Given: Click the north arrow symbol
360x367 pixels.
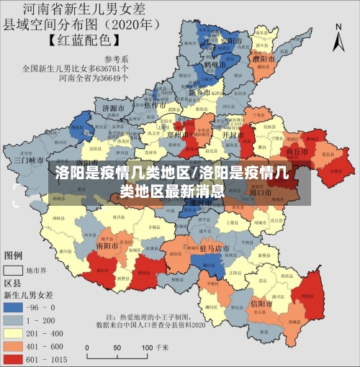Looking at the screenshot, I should (339, 36).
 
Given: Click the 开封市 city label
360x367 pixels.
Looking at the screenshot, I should (230, 135).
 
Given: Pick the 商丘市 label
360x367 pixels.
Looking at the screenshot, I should (297, 153).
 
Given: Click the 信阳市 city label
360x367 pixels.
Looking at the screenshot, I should (261, 303).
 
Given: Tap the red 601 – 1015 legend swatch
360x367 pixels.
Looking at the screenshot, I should (12, 358).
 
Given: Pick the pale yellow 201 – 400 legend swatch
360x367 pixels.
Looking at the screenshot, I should (12, 332).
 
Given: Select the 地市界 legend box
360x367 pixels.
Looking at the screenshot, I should (12, 271).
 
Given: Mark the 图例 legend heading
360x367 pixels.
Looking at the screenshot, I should (14, 255).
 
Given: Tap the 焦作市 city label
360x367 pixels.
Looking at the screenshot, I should (156, 106).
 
